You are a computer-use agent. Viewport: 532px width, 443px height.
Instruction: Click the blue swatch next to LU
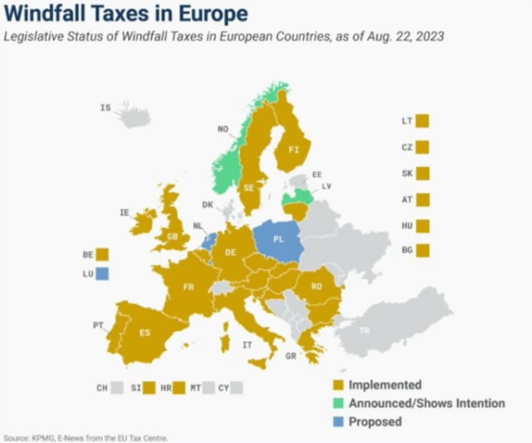pos(102,273)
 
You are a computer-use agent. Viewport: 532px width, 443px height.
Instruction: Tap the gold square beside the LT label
pos(422,121)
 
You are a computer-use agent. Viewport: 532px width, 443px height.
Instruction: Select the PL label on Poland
pos(278,239)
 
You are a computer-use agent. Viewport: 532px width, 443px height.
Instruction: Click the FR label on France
pos(188,287)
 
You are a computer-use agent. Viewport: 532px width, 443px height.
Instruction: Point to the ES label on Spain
pos(145,333)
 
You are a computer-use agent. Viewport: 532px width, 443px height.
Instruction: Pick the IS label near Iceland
pos(105,107)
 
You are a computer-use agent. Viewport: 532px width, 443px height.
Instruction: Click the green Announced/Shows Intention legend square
pos(338,403)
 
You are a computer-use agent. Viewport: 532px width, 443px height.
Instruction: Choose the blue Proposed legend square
pos(338,422)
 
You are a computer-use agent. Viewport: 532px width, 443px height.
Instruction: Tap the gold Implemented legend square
pos(338,385)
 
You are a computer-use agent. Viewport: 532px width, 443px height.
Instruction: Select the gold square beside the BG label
pos(422,250)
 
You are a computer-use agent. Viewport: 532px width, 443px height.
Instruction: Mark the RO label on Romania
pos(316,286)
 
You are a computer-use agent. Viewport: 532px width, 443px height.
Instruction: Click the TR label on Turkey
pos(364,331)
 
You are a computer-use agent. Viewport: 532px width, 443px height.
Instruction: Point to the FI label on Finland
pos(294,150)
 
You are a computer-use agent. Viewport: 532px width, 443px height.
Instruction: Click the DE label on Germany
pos(231,252)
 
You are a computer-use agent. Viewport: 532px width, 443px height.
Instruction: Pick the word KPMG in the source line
pos(40,438)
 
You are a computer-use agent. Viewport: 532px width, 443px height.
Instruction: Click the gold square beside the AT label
pos(422,200)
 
